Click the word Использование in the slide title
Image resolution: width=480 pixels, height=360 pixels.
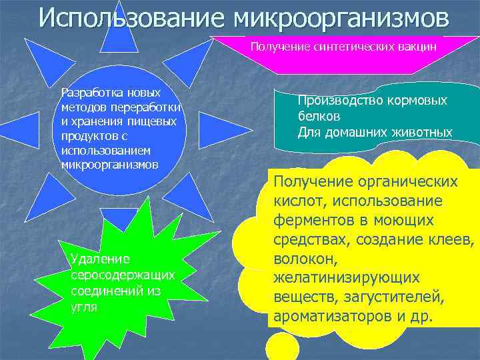[131, 18]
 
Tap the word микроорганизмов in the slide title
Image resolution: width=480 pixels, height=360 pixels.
[341, 18]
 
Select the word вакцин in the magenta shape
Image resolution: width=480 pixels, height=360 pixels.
[419, 47]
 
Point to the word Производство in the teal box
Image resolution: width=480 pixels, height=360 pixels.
[337, 101]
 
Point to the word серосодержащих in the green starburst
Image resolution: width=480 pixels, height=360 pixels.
[123, 275]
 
